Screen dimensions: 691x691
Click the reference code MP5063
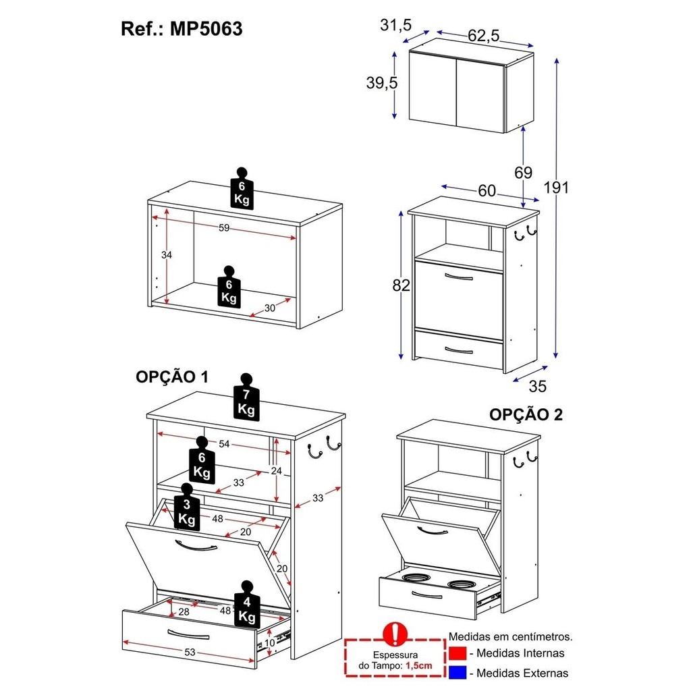coord(206,29)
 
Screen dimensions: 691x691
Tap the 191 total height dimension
coord(556,188)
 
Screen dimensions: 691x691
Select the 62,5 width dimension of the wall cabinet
coord(484,35)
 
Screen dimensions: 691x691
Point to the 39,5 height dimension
coord(382,82)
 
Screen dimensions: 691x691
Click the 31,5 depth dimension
coord(395,25)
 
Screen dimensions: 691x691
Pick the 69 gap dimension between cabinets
coord(523,172)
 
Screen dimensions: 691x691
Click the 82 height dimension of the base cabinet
coord(401,285)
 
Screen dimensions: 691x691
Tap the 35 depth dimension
coord(538,387)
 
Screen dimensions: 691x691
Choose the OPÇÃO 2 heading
coord(526,415)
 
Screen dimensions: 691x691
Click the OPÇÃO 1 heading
coord(172,377)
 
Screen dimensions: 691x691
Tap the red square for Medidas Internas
coord(458,653)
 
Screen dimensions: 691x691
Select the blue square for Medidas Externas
coord(458,673)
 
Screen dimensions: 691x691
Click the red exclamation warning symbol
coord(395,634)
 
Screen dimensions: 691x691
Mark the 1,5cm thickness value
coord(418,665)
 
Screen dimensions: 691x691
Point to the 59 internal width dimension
coord(224,228)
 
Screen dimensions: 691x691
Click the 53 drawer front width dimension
coord(190,652)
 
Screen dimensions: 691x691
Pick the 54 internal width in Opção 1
coord(224,444)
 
